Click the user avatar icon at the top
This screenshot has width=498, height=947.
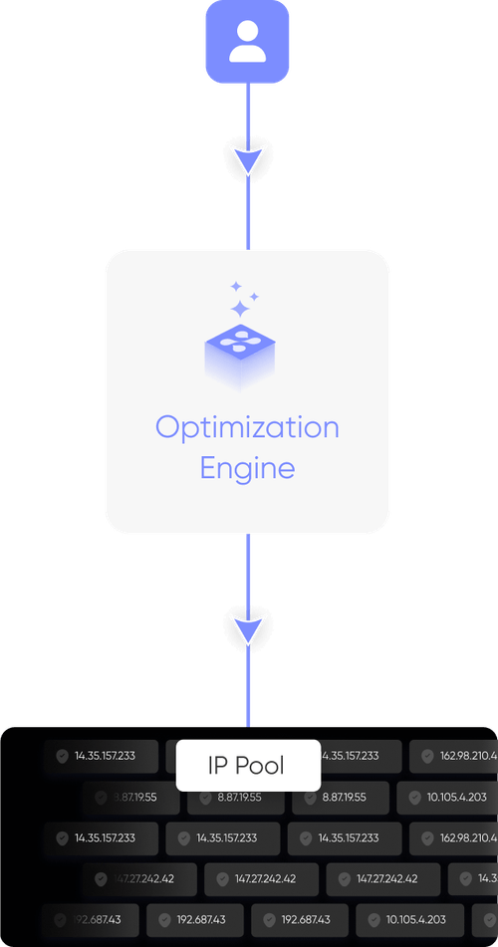[247, 42]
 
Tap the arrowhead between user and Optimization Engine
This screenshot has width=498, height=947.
[247, 160]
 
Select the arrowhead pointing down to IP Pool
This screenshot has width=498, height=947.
[247, 627]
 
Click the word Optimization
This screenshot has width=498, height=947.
[247, 427]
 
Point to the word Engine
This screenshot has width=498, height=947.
[247, 467]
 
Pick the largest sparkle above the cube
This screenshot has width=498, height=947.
[239, 309]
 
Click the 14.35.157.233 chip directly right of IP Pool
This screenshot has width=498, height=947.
[345, 756]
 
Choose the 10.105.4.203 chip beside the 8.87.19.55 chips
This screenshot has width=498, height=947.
[447, 797]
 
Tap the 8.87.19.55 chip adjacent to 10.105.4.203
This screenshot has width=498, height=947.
[345, 797]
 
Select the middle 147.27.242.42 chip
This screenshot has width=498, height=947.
[262, 879]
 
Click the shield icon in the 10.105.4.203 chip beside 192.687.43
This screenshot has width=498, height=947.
[374, 919]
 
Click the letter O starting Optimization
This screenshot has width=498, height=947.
[166, 428]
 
